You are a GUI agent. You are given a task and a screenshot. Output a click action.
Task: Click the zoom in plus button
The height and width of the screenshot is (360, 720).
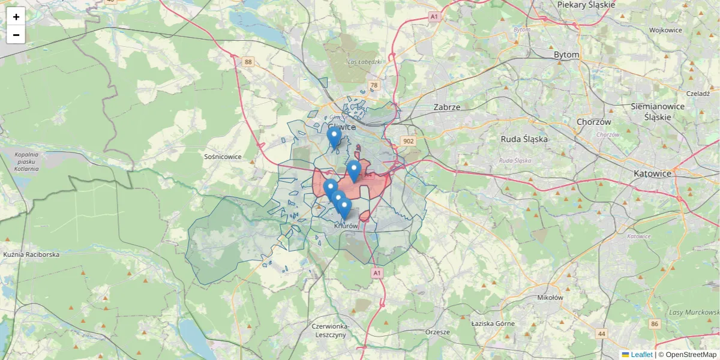point(16,17)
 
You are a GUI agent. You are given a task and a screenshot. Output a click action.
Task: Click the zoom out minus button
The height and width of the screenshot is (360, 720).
point(16,35)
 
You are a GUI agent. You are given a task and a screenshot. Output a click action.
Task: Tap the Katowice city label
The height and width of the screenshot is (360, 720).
point(652,173)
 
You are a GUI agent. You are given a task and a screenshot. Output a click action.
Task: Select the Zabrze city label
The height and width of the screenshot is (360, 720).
point(446,107)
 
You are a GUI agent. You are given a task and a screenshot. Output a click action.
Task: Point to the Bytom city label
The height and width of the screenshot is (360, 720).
point(566,55)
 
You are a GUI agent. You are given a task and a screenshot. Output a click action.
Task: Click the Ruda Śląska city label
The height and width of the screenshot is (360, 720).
point(524,139)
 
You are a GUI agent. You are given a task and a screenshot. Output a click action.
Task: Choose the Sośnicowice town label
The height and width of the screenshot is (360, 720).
point(223,157)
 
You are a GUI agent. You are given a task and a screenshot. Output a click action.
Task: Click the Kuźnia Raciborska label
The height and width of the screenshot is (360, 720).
point(31,254)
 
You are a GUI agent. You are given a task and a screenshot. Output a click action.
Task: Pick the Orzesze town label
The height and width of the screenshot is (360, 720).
point(437,332)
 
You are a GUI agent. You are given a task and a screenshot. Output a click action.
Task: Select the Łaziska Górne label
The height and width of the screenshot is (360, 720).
point(493,323)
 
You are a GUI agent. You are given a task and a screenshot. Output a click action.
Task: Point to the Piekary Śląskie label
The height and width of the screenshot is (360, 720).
point(586,4)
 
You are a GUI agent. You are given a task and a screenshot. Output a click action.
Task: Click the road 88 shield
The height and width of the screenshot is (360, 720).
point(248,62)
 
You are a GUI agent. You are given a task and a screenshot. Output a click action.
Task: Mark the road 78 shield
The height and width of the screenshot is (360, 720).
point(374,86)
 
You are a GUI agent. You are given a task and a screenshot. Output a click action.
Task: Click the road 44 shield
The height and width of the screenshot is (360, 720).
point(601,333)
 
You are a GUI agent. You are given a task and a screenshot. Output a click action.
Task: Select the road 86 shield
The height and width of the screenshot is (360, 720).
point(654,324)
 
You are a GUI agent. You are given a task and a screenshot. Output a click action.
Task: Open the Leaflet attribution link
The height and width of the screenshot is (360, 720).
point(641,355)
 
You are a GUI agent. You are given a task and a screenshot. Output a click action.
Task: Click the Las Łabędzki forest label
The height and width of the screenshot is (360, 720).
point(365,62)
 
